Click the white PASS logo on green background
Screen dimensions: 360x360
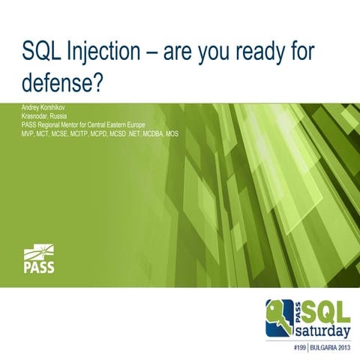click(38, 259)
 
